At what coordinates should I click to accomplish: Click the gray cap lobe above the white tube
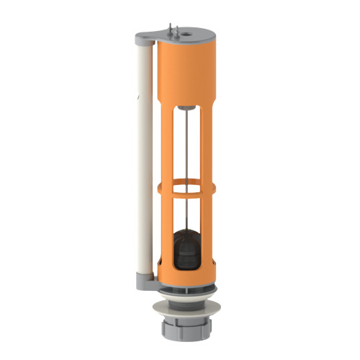pos(144,37)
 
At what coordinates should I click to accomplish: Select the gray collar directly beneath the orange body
pos(186,290)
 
